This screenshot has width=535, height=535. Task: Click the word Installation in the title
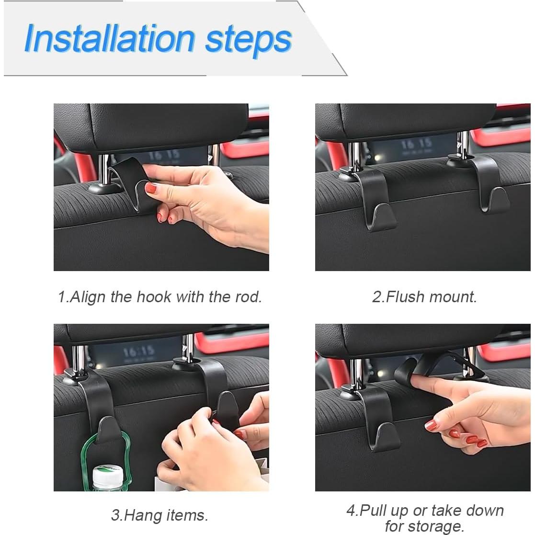click(109, 38)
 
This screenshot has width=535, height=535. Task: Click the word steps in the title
click(248, 39)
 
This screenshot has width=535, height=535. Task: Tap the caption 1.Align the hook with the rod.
click(160, 296)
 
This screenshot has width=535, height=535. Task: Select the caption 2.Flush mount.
click(424, 296)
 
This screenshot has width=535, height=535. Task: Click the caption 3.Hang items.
click(160, 515)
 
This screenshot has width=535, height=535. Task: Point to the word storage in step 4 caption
click(439, 526)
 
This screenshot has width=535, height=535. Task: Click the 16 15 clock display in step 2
click(416, 143)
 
